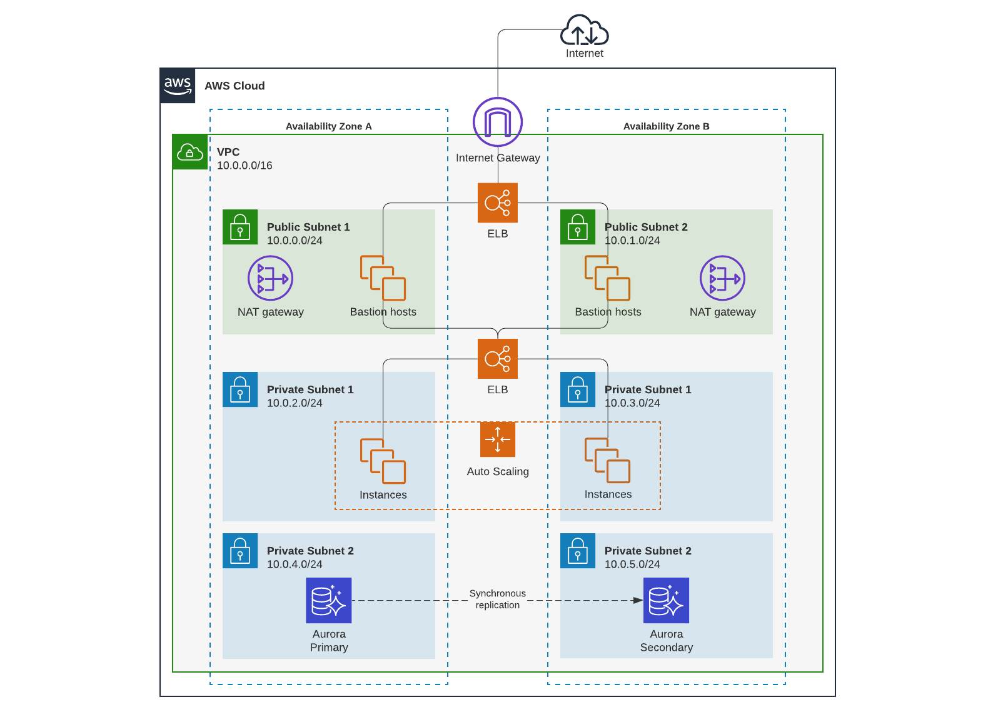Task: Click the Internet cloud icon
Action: [584, 31]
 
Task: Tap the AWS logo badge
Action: [178, 86]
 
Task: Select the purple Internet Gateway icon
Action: [498, 122]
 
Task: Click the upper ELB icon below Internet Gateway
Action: [498, 203]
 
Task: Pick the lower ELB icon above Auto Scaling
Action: [498, 359]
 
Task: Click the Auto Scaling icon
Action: [498, 439]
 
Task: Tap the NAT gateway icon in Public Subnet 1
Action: [270, 278]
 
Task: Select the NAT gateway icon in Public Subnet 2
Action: [722, 278]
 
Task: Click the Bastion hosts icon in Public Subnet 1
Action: [383, 278]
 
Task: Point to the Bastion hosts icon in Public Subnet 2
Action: [607, 278]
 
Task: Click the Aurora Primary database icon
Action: [329, 600]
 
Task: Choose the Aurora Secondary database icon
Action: [666, 600]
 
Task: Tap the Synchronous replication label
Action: [498, 599]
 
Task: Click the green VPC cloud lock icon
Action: [190, 152]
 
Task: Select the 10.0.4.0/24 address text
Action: [295, 564]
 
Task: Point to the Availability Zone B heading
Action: [666, 126]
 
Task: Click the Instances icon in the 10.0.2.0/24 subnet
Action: [383, 461]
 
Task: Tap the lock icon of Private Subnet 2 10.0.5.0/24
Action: [578, 551]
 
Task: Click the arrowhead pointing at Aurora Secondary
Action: [638, 600]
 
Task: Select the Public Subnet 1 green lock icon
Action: [240, 227]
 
